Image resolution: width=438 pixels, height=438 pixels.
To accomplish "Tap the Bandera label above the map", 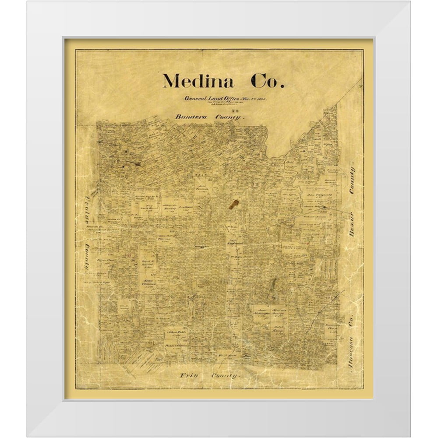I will (191, 117).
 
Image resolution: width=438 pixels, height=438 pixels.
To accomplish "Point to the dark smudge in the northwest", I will (134, 163).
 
